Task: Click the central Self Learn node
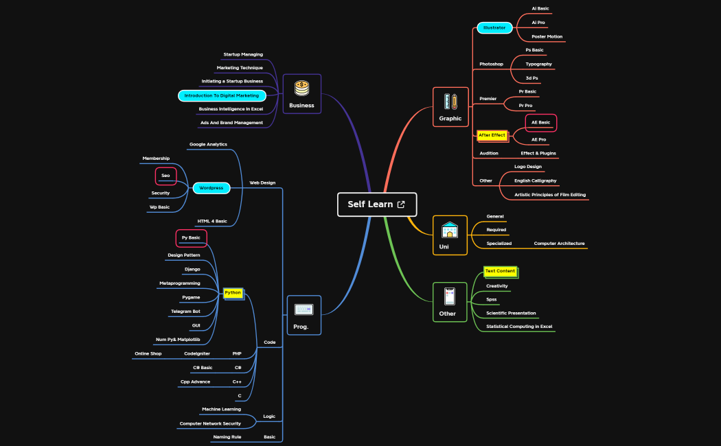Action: coord(377,204)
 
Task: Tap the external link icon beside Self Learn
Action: coord(401,204)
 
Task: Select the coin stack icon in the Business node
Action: coord(301,89)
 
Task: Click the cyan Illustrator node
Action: coord(495,28)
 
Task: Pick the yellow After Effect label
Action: coord(492,135)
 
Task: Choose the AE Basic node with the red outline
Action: coord(541,123)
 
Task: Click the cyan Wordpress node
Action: coord(211,188)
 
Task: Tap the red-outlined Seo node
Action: coord(165,176)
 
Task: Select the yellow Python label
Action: coord(233,293)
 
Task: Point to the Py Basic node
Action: coord(192,238)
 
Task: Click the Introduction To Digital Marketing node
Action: coord(222,95)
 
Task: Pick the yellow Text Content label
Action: coord(501,272)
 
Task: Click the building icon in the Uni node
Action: coord(450,230)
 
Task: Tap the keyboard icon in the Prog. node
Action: coord(304,309)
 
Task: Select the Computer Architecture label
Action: coord(559,244)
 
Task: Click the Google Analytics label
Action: coord(208,144)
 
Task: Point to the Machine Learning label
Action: coord(221,409)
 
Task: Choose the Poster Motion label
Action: coord(547,37)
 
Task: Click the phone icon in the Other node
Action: coord(450,296)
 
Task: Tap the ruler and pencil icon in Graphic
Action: coord(450,102)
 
